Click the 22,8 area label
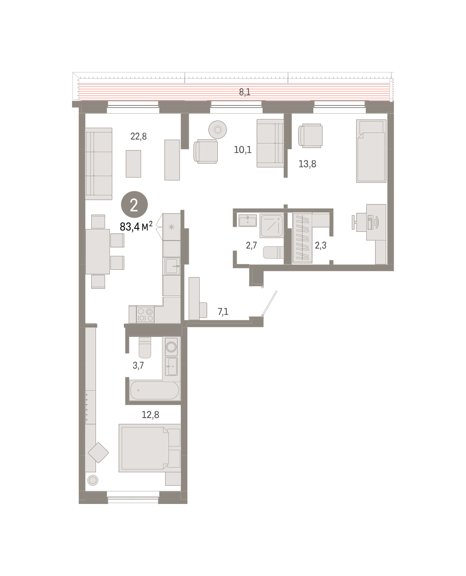click(138, 136)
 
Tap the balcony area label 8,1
click(245, 92)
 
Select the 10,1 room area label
click(242, 150)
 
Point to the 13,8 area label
click(307, 164)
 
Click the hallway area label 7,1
click(223, 312)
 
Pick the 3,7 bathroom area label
click(138, 365)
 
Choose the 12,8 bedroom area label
click(150, 415)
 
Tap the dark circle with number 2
click(134, 204)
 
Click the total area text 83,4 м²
click(136, 227)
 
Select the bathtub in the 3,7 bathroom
click(155, 390)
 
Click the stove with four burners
click(145, 314)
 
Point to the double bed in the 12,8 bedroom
click(150, 448)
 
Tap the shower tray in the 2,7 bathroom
click(272, 225)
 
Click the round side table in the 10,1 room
click(217, 130)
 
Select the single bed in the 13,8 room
click(371, 151)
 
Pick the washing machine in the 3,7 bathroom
click(171, 347)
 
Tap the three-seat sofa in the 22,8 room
click(98, 164)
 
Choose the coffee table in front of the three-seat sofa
click(133, 164)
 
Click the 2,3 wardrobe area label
click(321, 245)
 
